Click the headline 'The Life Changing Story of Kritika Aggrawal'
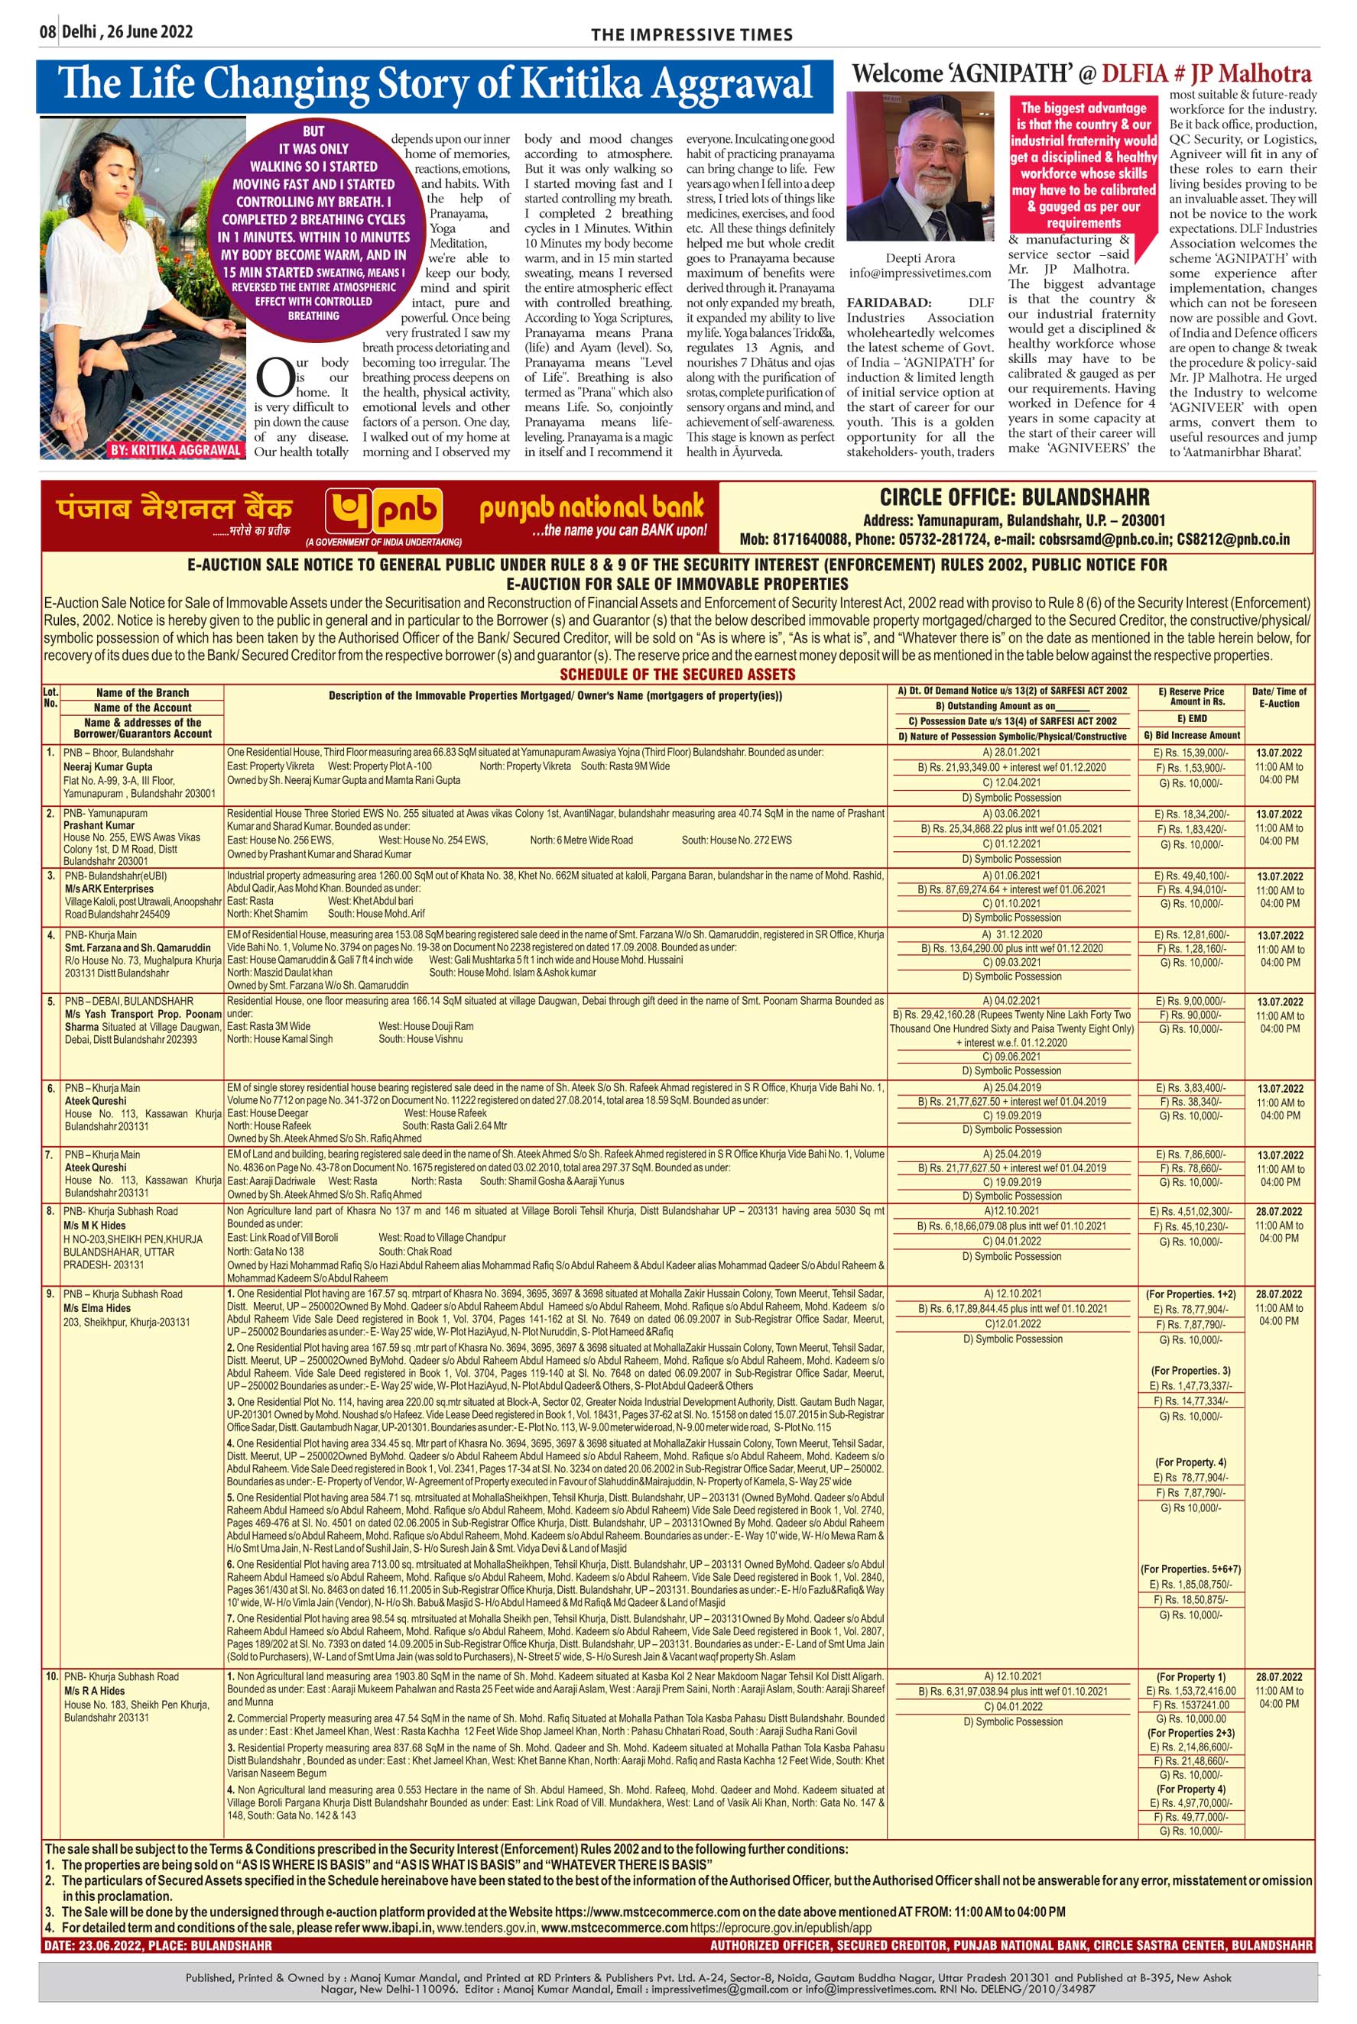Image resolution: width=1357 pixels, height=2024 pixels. (x=434, y=85)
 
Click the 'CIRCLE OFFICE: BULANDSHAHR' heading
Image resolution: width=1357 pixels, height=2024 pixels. (x=1015, y=497)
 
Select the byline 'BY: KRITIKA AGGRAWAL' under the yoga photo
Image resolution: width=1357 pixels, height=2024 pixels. (x=176, y=451)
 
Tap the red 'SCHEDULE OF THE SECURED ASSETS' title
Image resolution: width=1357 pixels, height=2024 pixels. (x=677, y=674)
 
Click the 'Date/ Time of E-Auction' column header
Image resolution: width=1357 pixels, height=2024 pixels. (x=1279, y=697)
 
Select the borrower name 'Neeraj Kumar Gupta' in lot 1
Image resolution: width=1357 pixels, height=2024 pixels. (x=107, y=766)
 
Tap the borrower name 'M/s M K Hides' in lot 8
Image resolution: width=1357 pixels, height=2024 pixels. (x=94, y=1225)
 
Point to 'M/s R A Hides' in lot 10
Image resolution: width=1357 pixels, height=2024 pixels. (x=93, y=1690)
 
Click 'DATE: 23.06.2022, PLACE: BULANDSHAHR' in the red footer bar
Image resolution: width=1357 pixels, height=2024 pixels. (x=157, y=1945)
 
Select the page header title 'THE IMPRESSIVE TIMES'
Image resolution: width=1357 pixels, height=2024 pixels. (x=691, y=34)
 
